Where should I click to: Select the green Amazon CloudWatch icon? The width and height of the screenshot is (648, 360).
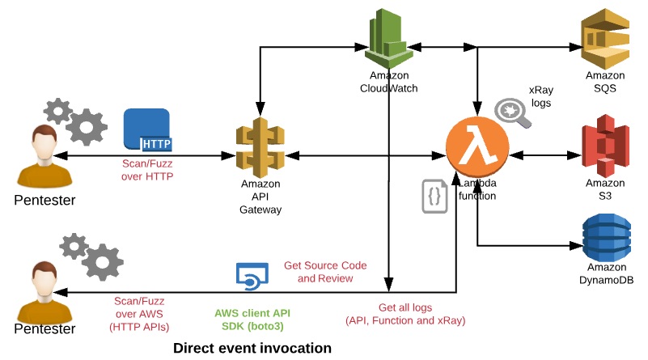(389, 40)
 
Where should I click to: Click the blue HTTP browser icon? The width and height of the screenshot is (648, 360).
(148, 130)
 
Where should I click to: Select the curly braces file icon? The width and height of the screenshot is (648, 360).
(434, 196)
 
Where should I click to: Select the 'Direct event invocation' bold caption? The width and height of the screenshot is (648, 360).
(252, 348)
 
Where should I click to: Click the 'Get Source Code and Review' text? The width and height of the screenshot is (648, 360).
(324, 272)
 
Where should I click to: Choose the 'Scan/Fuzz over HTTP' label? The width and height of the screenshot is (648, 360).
(148, 169)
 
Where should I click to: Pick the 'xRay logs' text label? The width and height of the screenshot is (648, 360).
(540, 95)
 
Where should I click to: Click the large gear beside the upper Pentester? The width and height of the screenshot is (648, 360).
(86, 126)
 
